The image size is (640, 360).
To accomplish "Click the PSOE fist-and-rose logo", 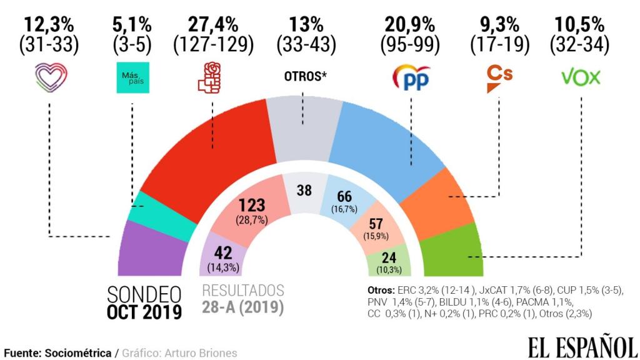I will tap(209, 77).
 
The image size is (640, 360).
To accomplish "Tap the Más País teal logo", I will tap(132, 77).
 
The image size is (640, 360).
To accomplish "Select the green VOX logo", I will tap(581, 77).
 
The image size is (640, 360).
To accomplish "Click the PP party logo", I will tap(411, 77).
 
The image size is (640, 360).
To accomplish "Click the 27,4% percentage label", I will tap(212, 25).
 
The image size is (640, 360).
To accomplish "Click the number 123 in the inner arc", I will tap(252, 205).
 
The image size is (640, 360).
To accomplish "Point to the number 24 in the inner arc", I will tap(388, 257).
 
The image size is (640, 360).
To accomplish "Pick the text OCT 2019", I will tap(145, 312).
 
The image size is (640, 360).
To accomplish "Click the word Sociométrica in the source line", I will tap(77, 353).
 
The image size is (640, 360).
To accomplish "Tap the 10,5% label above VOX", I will tap(579, 25).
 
